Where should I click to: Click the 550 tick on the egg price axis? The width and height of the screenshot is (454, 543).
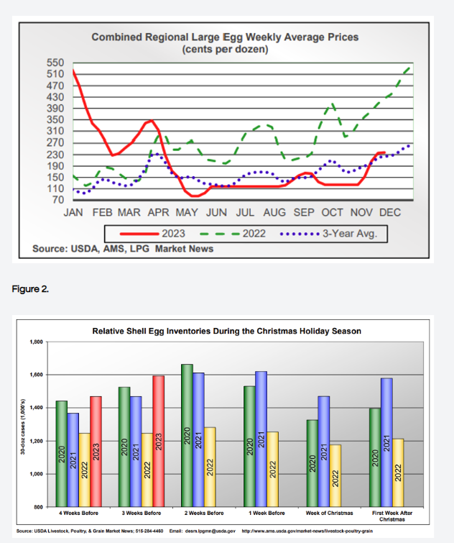[x=56, y=63]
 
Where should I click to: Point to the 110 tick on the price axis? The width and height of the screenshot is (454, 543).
[x=56, y=188]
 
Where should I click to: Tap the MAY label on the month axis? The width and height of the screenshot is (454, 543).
[x=187, y=213]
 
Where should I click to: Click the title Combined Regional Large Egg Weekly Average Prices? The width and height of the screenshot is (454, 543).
[x=225, y=37]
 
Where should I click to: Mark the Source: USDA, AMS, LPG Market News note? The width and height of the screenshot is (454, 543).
[x=123, y=249]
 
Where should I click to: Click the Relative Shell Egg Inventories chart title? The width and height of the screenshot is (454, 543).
[x=227, y=331]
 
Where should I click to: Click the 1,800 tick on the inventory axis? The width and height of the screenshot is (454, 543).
[x=36, y=342]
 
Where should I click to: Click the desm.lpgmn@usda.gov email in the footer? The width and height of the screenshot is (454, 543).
[x=213, y=533]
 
